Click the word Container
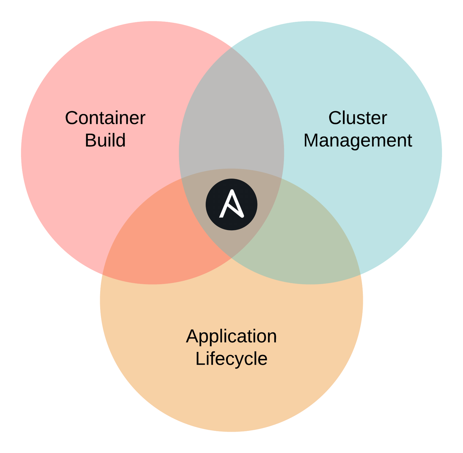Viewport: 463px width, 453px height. (105, 118)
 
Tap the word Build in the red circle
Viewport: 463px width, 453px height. (105, 140)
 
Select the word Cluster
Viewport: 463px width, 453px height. (357, 118)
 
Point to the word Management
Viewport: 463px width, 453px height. (357, 140)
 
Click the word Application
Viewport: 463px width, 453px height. (231, 336)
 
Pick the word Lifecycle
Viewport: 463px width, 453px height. (231, 358)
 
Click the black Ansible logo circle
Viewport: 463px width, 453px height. (231, 204)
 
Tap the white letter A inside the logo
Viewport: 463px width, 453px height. (232, 204)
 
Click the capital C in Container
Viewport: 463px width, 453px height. (72, 118)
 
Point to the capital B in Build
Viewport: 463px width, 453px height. (90, 140)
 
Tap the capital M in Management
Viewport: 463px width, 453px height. (312, 140)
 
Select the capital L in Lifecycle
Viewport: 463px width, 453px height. (200, 358)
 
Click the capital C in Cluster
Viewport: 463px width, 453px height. (335, 118)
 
